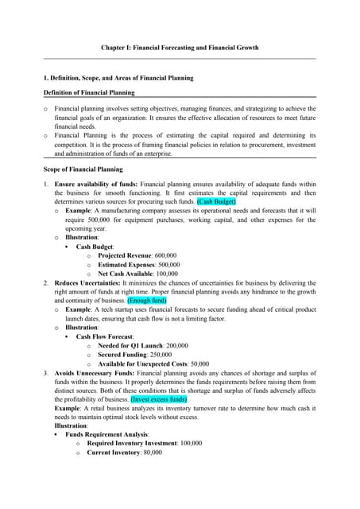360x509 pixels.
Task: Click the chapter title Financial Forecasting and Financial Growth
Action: (x=179, y=48)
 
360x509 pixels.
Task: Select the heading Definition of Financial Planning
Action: (x=88, y=92)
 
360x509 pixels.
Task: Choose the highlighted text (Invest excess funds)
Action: (x=159, y=399)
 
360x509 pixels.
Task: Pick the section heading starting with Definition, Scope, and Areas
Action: (x=118, y=78)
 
